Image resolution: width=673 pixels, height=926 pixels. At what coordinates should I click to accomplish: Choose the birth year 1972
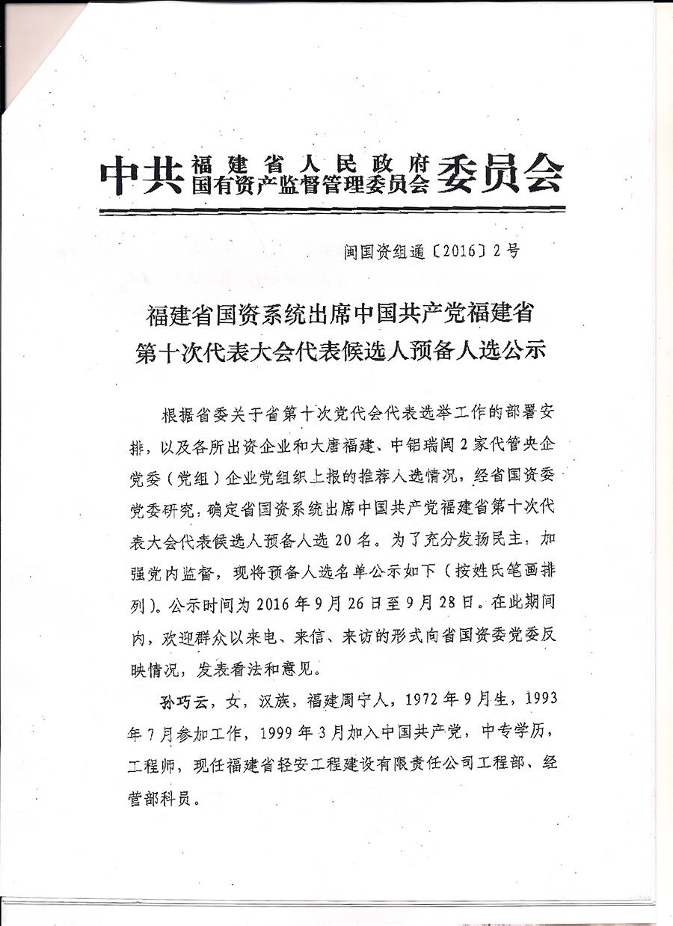click(422, 701)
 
